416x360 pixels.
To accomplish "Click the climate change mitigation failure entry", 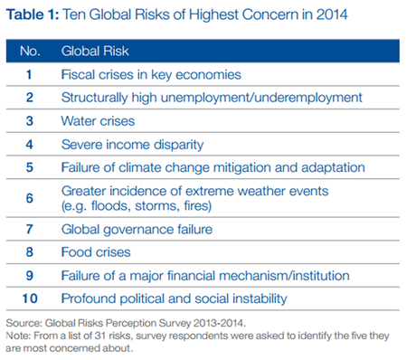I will (x=213, y=166).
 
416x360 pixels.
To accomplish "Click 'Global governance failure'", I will (x=137, y=229).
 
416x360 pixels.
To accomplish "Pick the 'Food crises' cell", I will (x=97, y=252).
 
